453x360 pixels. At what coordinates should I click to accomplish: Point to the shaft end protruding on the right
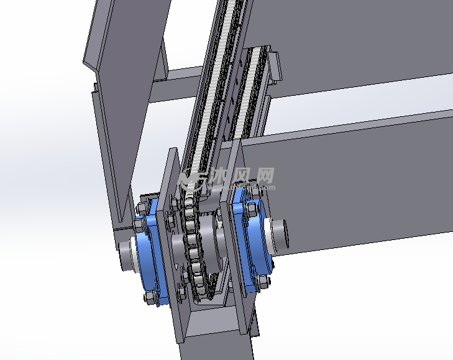pos(279,235)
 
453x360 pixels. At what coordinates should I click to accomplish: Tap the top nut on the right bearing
pos(251,195)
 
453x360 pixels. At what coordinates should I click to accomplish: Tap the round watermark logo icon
pos(193,180)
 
